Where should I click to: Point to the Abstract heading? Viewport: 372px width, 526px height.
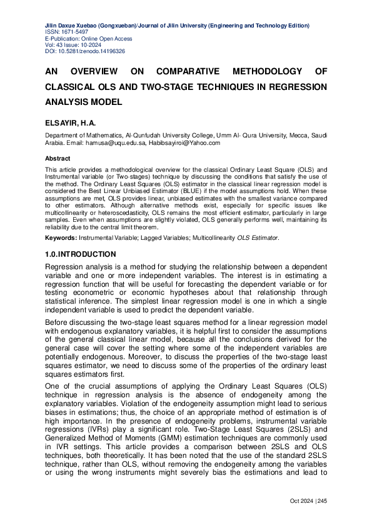coord(58,159)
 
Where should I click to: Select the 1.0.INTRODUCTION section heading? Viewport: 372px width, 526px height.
coord(80,254)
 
